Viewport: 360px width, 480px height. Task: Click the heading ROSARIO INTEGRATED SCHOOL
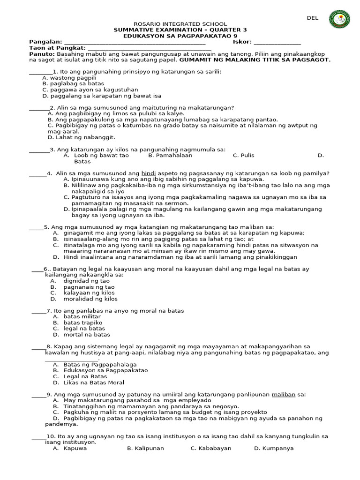[x=180, y=24]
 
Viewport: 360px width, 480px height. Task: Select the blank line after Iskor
[x=277, y=43]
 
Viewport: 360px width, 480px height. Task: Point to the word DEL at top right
[x=313, y=18]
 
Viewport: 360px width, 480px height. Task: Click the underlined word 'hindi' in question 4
[x=148, y=173]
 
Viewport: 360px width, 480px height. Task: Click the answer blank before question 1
[x=40, y=72]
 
